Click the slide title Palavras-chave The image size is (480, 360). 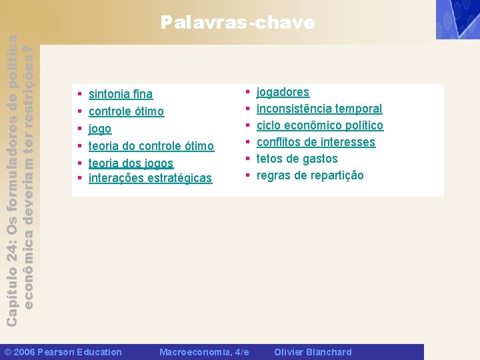click(237, 23)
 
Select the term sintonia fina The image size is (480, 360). click(120, 94)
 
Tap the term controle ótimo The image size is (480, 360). click(126, 111)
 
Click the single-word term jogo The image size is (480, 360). click(100, 129)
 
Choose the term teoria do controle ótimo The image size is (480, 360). click(151, 146)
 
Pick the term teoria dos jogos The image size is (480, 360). click(131, 163)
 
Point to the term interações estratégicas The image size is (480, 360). click(150, 178)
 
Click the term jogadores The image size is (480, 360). click(283, 92)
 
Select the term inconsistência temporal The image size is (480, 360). click(319, 109)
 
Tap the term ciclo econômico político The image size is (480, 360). click(320, 125)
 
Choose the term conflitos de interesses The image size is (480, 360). click(316, 142)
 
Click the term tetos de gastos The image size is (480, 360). click(297, 159)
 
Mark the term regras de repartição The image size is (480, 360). click(310, 175)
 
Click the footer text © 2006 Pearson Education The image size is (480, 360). click(63, 352)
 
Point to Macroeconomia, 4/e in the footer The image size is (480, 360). click(204, 352)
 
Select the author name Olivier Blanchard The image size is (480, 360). click(313, 352)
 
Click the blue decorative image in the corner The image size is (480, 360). click(457, 19)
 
